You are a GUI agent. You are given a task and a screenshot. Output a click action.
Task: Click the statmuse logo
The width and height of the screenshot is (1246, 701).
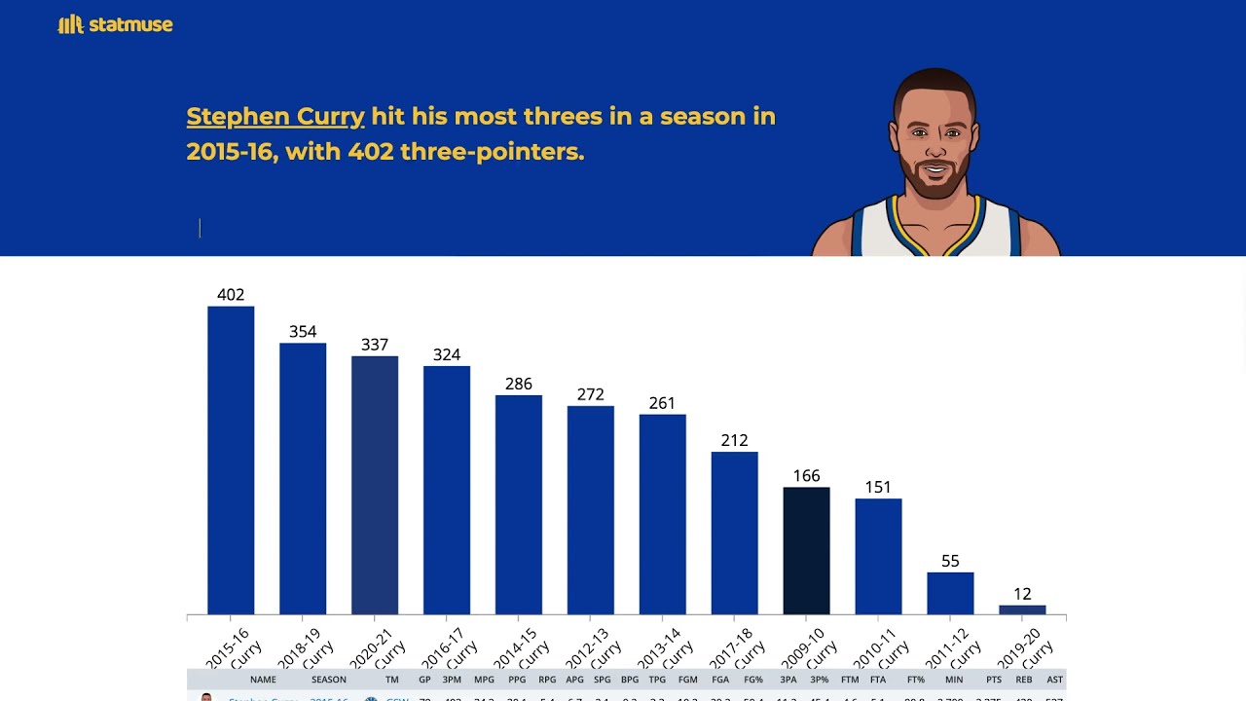(x=115, y=25)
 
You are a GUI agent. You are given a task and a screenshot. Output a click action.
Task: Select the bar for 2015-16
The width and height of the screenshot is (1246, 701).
(x=231, y=460)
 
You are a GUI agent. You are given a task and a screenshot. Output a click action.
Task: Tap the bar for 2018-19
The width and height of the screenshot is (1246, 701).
(x=303, y=478)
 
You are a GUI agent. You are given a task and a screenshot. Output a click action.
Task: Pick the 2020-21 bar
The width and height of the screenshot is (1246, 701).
(x=375, y=485)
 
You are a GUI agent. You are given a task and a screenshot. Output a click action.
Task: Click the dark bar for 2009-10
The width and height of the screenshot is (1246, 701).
(x=806, y=550)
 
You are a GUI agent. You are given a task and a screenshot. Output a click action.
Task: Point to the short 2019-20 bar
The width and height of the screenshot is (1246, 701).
(x=1022, y=610)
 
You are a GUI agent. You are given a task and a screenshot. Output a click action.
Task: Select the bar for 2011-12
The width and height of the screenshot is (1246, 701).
(x=950, y=593)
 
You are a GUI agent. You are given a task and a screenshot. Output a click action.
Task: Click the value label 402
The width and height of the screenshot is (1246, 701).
(x=231, y=295)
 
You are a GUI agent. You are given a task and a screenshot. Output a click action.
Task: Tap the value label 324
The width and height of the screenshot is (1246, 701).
(x=447, y=354)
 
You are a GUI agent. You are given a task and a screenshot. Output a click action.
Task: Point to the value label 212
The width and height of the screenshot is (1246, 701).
(x=734, y=440)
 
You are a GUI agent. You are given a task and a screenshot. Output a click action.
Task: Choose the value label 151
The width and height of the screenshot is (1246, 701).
(x=878, y=487)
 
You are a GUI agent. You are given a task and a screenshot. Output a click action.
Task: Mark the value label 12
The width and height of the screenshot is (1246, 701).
(x=1022, y=594)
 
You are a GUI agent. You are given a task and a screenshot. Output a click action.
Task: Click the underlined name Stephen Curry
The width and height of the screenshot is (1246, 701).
(x=275, y=117)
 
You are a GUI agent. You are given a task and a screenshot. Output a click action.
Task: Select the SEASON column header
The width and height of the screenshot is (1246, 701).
(x=329, y=680)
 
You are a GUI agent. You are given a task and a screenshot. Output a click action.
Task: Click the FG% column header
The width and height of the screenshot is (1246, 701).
(x=753, y=680)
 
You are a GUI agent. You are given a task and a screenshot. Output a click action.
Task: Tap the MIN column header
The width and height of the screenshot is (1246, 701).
(x=954, y=680)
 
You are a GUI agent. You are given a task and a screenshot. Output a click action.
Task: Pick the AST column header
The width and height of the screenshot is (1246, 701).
(x=1054, y=680)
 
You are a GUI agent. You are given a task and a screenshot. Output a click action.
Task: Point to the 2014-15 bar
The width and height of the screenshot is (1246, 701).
(x=519, y=504)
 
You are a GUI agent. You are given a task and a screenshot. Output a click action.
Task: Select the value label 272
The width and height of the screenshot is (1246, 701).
(x=591, y=394)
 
